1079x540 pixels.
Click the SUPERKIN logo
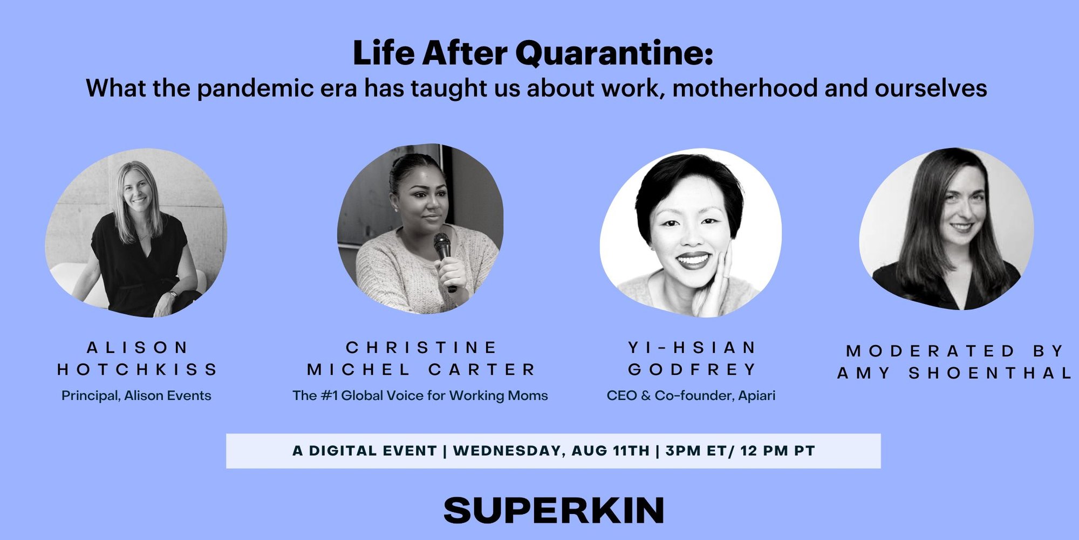[x=554, y=510]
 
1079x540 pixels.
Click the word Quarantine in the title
[x=614, y=53]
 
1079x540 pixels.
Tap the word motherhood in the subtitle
[x=745, y=88]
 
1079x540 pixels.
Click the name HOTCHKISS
[x=138, y=369]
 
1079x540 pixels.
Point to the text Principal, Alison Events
[x=136, y=396]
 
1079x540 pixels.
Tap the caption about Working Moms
[x=420, y=396]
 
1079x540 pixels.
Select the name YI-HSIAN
[x=692, y=347]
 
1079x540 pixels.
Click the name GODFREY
[x=692, y=369]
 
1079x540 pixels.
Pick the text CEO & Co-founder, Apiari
[x=691, y=396]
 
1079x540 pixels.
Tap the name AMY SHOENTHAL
[x=954, y=373]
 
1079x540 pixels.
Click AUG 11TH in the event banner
[x=611, y=451]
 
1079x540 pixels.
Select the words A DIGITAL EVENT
[x=365, y=451]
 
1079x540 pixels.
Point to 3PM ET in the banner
[x=696, y=451]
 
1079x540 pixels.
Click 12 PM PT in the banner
[x=777, y=451]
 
